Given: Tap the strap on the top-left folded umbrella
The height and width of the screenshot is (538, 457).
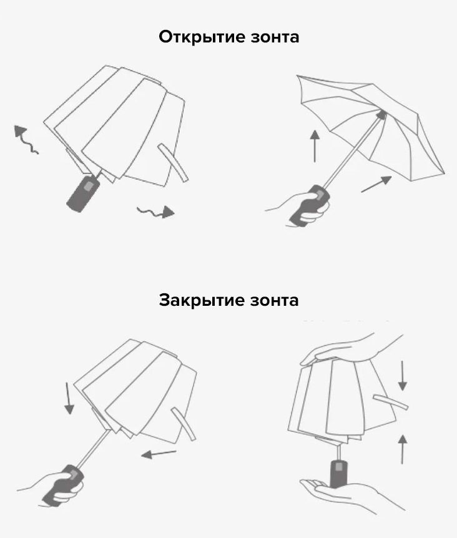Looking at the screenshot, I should point(173,162).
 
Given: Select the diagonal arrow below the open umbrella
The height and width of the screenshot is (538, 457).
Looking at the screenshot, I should point(376,184).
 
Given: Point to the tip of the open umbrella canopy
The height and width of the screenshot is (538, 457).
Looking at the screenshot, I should point(383,113).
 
